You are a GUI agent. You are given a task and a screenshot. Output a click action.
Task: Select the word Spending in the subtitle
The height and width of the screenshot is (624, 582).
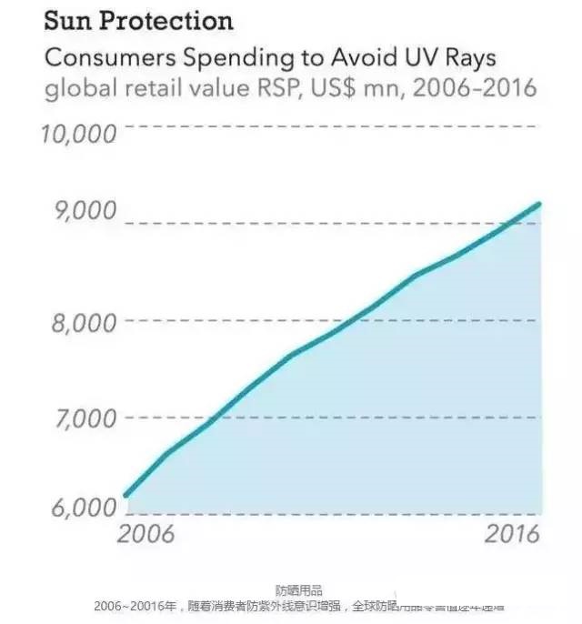click(x=220, y=58)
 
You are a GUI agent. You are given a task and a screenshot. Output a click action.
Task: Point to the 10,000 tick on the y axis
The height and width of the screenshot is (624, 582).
click(x=80, y=134)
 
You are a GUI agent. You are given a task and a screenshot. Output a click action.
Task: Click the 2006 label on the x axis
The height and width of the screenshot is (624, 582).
click(x=146, y=534)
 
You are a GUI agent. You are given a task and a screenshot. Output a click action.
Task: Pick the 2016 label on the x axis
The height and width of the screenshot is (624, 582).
click(x=511, y=534)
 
